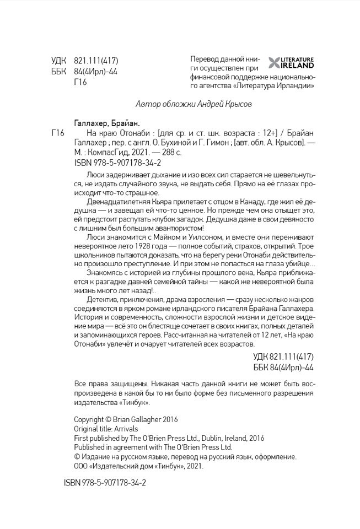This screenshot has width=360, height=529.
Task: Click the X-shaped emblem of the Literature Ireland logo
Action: pyautogui.click(x=274, y=62)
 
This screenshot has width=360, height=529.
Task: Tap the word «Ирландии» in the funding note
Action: pyautogui.click(x=297, y=86)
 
